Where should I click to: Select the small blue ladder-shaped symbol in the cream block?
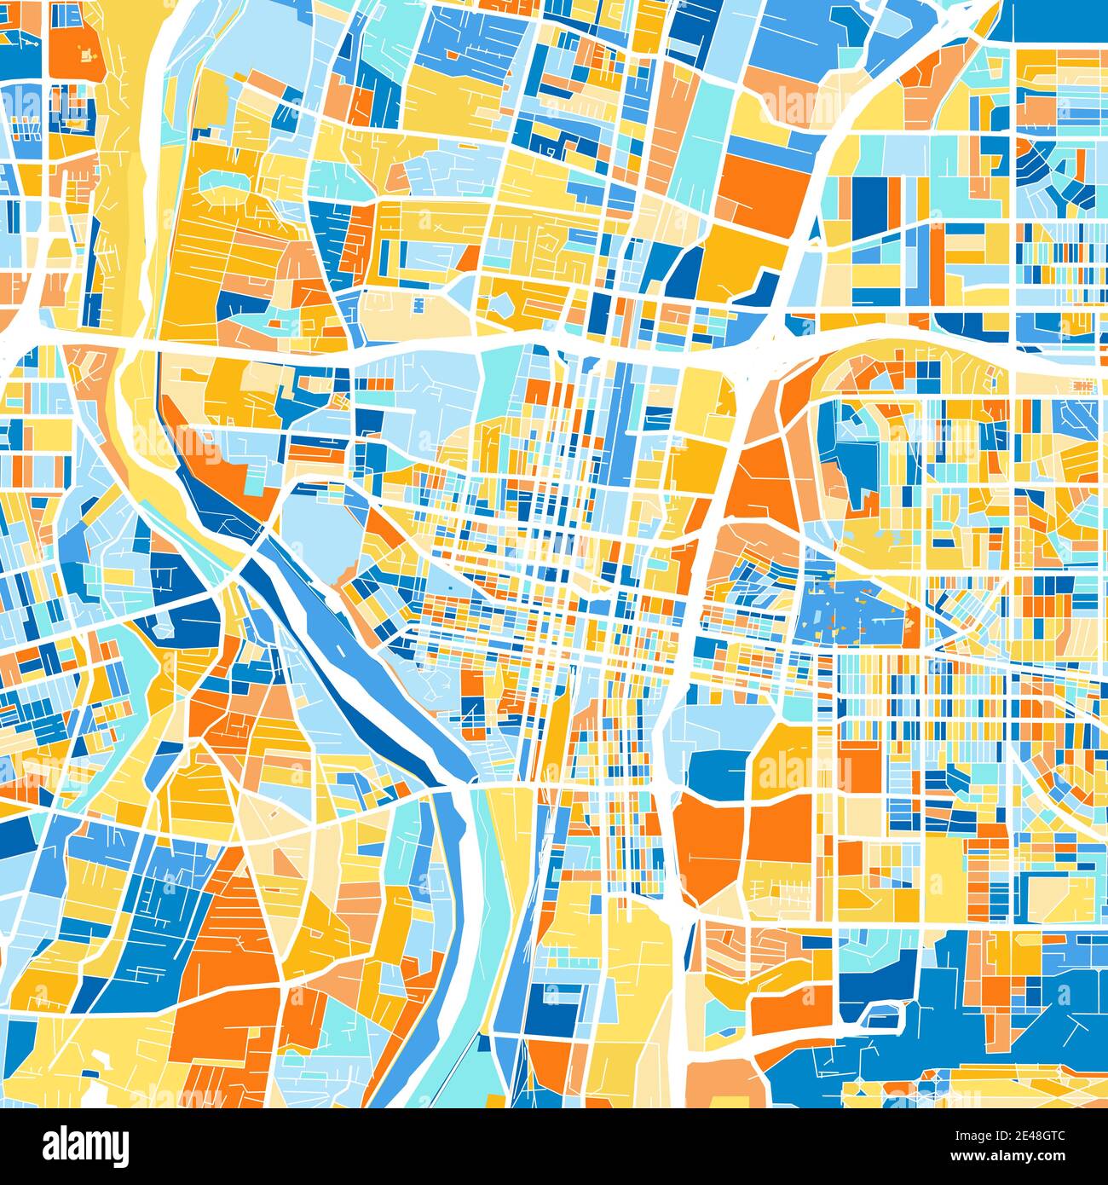[420, 303]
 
